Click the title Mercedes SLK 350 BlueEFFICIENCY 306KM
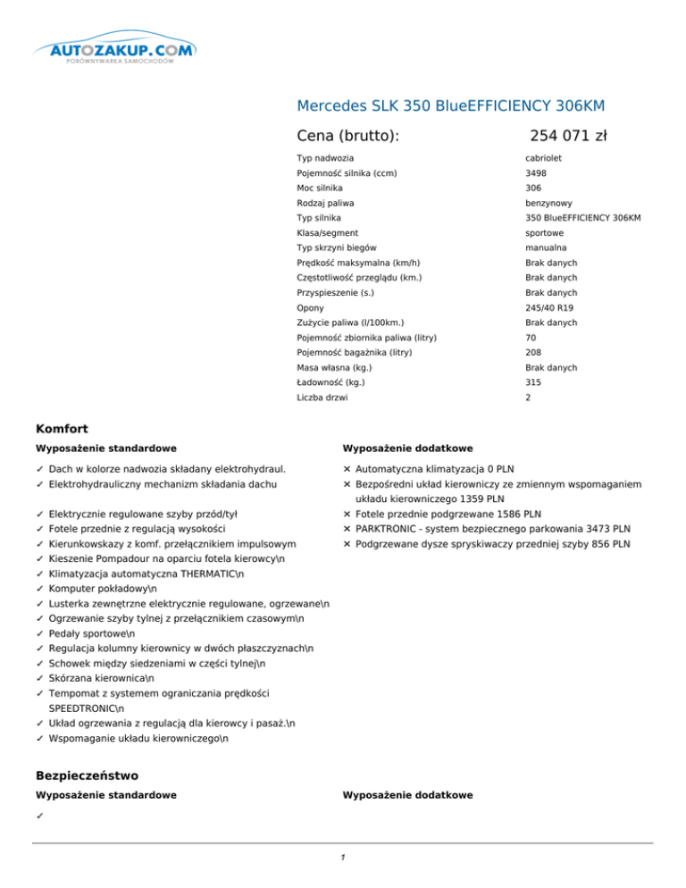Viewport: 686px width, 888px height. pyautogui.click(x=450, y=106)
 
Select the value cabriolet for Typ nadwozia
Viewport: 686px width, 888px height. pyautogui.click(x=542, y=158)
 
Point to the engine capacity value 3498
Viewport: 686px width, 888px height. pyautogui.click(x=536, y=173)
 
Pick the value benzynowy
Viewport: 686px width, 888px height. pyautogui.click(x=548, y=203)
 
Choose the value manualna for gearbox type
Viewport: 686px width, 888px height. pyautogui.click(x=544, y=247)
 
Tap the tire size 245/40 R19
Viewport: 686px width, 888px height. pyautogui.click(x=548, y=307)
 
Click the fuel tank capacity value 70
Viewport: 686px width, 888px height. pyautogui.click(x=531, y=338)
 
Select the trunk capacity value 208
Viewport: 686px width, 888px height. pyautogui.click(x=533, y=352)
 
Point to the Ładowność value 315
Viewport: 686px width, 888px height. pyautogui.click(x=533, y=382)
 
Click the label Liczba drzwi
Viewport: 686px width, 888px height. pyautogui.click(x=320, y=397)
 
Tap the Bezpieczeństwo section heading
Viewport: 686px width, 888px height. pyautogui.click(x=87, y=776)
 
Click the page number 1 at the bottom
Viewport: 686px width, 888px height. pyautogui.click(x=343, y=857)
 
